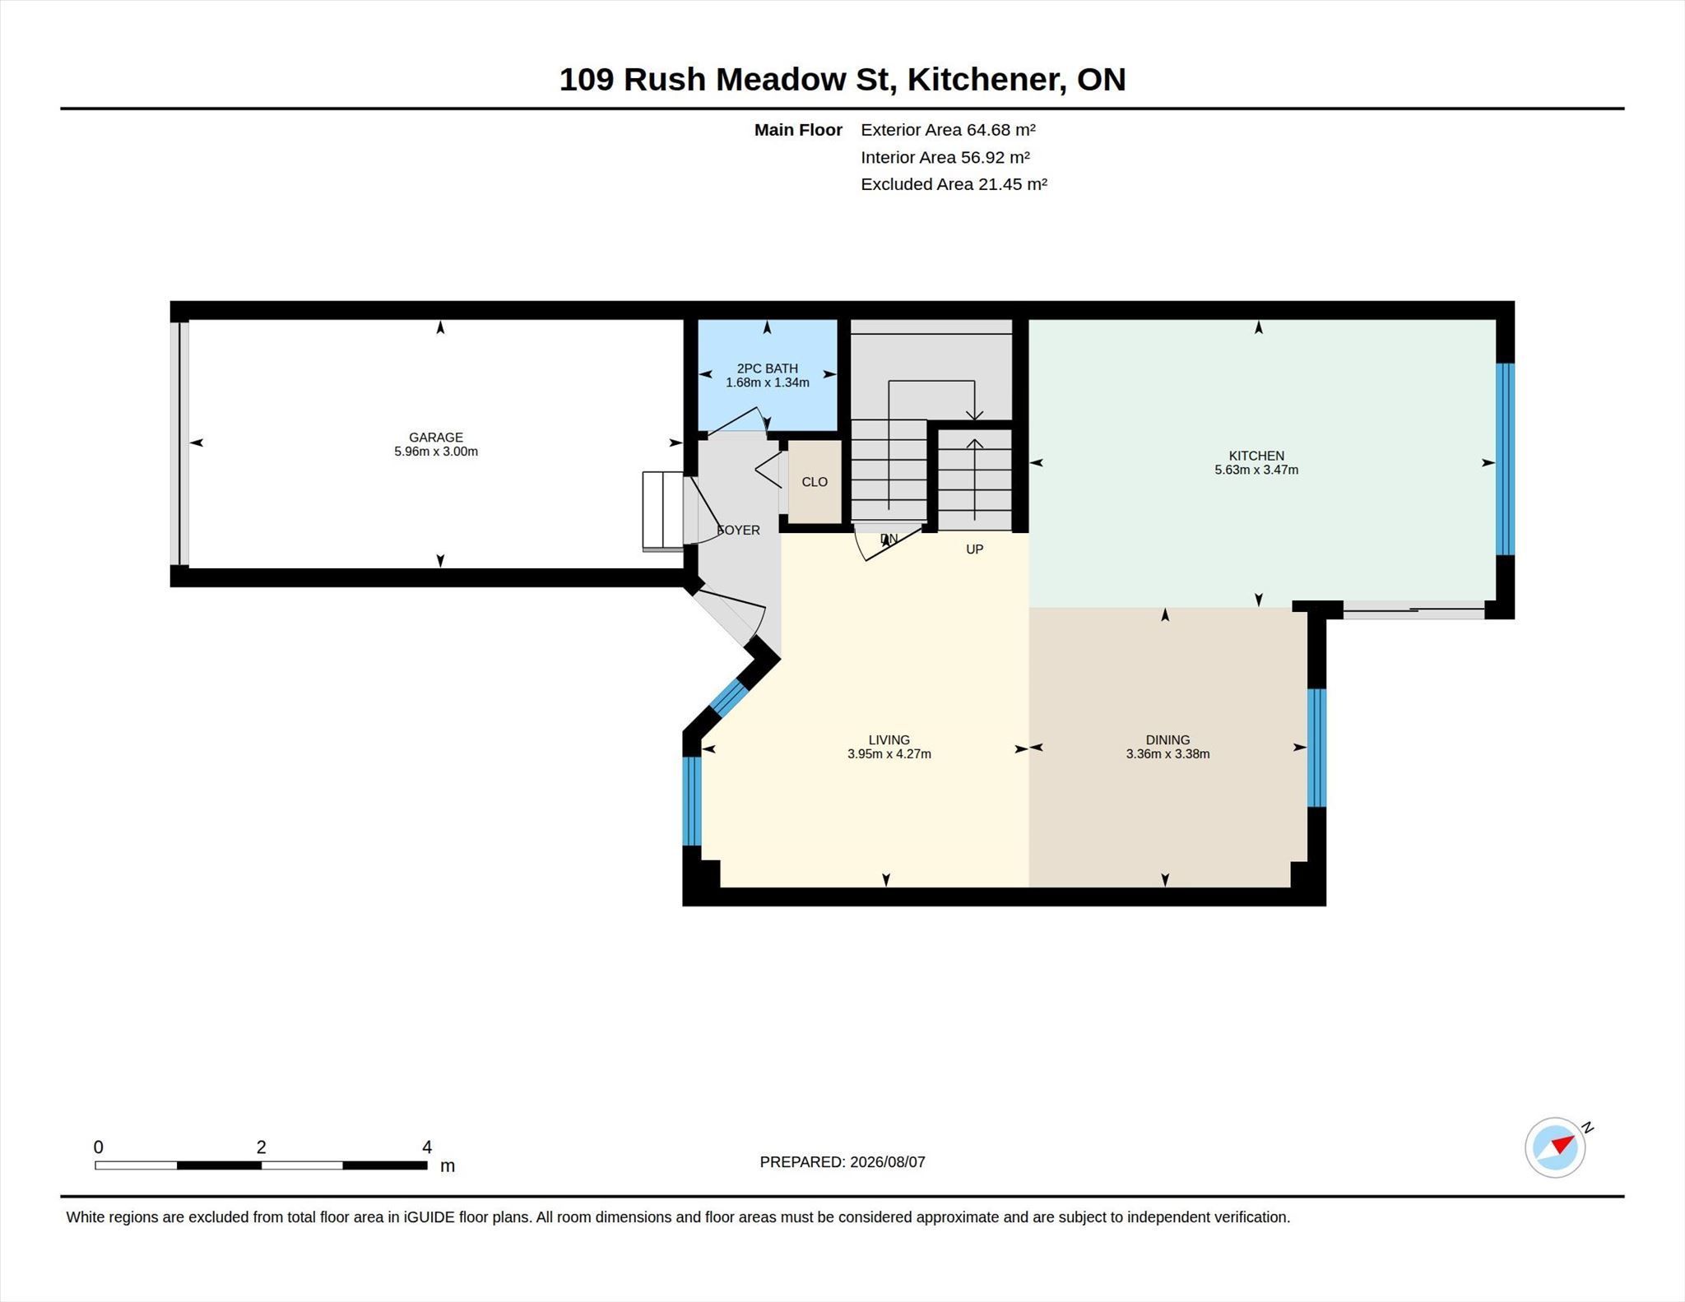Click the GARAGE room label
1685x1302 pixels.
click(436, 438)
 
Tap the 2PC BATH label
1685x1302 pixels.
click(768, 368)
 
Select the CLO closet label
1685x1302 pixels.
click(815, 482)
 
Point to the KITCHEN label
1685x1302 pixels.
click(1256, 456)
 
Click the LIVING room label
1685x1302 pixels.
click(889, 740)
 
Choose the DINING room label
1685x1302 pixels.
click(1167, 740)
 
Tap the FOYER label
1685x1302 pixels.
click(738, 531)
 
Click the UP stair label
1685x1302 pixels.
click(974, 549)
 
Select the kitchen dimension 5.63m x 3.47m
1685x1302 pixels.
click(1256, 470)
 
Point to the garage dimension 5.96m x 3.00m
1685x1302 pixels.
click(436, 452)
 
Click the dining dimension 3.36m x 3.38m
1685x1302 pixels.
click(1167, 754)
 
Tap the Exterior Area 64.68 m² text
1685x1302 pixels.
click(948, 130)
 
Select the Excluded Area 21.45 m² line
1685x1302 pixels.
click(954, 184)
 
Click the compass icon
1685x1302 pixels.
click(1555, 1147)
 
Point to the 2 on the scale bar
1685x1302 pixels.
click(261, 1147)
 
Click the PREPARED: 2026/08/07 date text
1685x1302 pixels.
click(842, 1162)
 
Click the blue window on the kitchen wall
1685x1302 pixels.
click(1505, 460)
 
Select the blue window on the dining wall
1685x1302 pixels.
click(1316, 748)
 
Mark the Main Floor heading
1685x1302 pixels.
click(798, 130)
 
